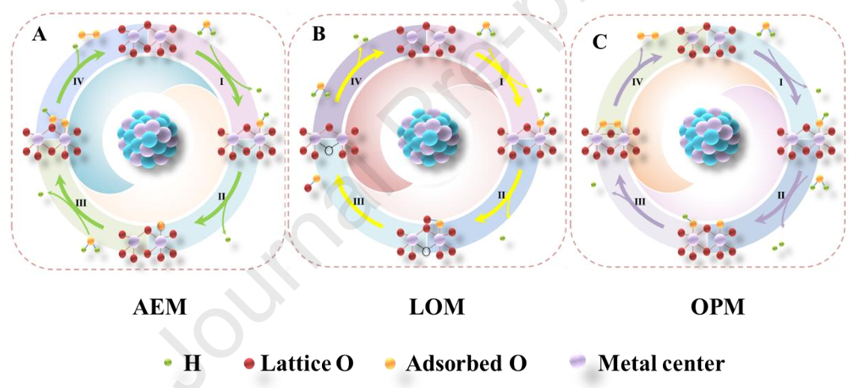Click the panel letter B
319,34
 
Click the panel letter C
600,42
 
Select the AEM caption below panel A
159,307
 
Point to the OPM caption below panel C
717,307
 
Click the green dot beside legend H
167,363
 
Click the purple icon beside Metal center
578,363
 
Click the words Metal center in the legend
661,363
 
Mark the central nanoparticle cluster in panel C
710,133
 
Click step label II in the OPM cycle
782,195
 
